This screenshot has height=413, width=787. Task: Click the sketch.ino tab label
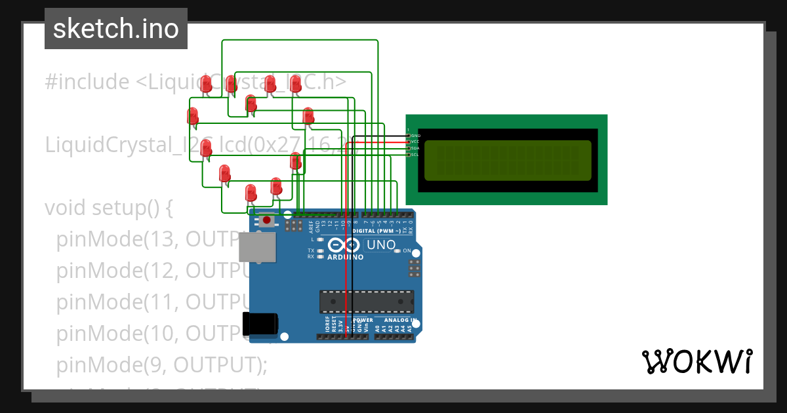pyautogui.click(x=115, y=29)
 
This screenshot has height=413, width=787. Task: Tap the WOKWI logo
pyautogui.click(x=696, y=361)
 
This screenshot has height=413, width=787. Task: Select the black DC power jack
pyautogui.click(x=260, y=324)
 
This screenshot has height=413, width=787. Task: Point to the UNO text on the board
pyautogui.click(x=381, y=245)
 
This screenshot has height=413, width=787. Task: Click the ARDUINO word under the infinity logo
pyautogui.click(x=345, y=257)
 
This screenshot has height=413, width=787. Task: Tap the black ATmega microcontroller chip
pyautogui.click(x=366, y=301)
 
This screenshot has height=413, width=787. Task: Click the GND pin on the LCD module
pyautogui.click(x=414, y=135)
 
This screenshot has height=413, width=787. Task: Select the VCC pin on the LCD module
pyautogui.click(x=414, y=142)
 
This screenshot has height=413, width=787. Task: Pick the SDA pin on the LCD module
pyautogui.click(x=414, y=148)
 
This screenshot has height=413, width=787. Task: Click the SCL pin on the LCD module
pyautogui.click(x=414, y=155)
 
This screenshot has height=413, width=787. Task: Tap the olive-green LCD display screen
pyautogui.click(x=507, y=160)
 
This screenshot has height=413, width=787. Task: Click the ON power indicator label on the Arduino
pyautogui.click(x=407, y=251)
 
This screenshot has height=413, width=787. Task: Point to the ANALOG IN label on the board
pyautogui.click(x=395, y=321)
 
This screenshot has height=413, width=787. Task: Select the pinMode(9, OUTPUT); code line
pyautogui.click(x=161, y=364)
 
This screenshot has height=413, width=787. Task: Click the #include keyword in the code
pyautogui.click(x=87, y=82)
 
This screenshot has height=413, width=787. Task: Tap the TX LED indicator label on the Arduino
pyautogui.click(x=311, y=250)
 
